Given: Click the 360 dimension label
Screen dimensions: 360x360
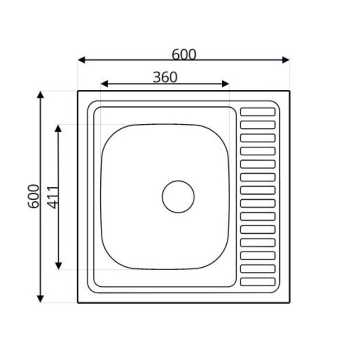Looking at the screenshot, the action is [165, 77].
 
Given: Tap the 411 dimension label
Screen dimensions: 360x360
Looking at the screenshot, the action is [53, 198].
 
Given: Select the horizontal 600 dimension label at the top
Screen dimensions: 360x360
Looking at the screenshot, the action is [184, 54].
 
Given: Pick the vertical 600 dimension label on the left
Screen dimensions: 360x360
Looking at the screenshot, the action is [33, 196].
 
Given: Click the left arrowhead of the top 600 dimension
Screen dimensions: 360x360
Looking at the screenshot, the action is [81, 60].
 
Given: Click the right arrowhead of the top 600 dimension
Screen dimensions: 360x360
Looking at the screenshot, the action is [286, 60].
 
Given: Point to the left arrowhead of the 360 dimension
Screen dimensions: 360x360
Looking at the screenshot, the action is [104, 84].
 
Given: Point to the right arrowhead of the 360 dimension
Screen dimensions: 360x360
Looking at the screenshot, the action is [225, 84].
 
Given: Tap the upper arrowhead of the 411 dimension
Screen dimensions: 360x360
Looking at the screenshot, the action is [58, 128].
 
